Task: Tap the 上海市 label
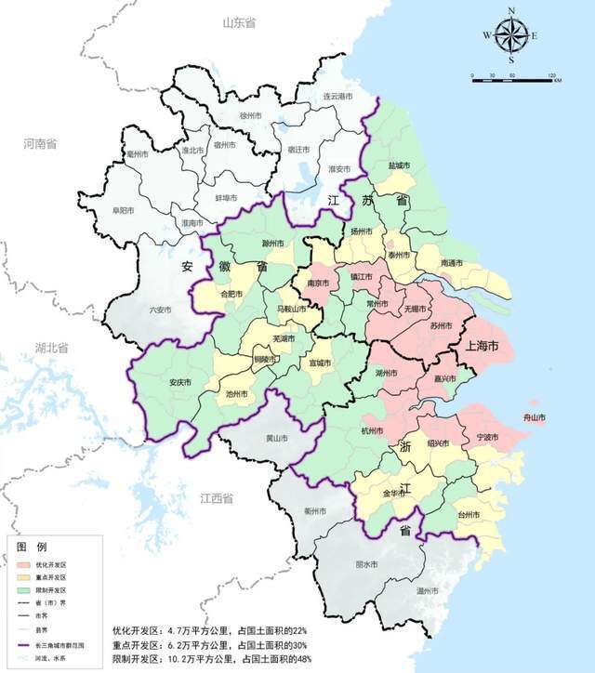(481, 345)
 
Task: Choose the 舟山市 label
(535, 417)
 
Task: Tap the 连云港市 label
(337, 97)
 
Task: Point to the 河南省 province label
(41, 144)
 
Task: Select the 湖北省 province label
(52, 349)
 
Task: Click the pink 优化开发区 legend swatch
(22, 565)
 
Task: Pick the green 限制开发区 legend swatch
(22, 591)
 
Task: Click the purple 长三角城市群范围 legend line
(22, 644)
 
